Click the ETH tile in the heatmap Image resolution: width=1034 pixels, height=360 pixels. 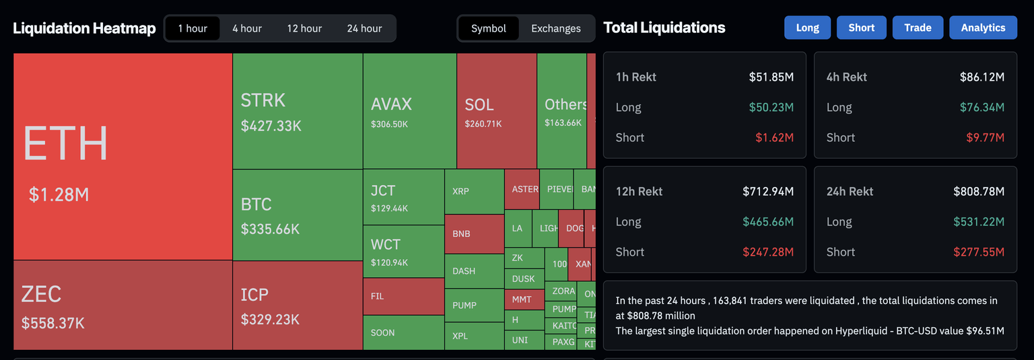point(123,157)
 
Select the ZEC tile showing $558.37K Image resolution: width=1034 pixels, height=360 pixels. point(123,305)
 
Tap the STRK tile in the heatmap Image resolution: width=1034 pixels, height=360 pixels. point(298,111)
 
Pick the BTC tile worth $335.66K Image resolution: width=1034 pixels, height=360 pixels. point(298,215)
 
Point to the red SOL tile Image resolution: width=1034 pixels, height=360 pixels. point(496,111)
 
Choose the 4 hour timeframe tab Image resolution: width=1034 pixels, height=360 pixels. point(247,28)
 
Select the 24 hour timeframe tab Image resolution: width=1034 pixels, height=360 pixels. point(364,28)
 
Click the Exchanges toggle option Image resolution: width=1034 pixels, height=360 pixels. point(555,28)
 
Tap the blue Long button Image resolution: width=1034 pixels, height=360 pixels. point(807,28)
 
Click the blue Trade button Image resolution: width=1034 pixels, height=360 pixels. point(918,28)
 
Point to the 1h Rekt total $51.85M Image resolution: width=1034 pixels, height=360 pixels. point(771,77)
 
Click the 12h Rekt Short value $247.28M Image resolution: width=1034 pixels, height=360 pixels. point(768,252)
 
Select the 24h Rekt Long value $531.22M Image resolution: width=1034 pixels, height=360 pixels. point(979,221)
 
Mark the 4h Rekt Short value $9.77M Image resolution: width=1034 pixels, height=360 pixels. point(988,137)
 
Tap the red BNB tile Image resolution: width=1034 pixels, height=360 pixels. point(474,233)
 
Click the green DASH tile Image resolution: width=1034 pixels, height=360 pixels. point(474,271)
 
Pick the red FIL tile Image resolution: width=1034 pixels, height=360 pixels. point(403,296)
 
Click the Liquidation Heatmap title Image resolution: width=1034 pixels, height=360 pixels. point(84,28)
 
